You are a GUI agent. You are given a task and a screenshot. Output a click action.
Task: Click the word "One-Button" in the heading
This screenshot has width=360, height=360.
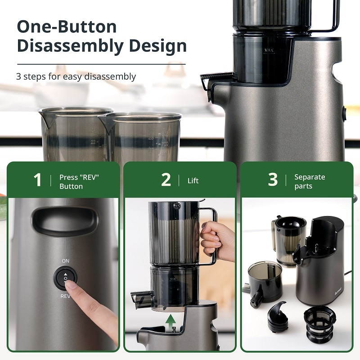67,27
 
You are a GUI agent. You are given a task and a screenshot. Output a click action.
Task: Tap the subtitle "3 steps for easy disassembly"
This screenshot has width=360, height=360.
76,76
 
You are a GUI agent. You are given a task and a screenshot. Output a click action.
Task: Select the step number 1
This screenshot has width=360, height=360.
38,180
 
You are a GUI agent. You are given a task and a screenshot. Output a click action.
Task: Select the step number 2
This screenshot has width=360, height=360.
166,180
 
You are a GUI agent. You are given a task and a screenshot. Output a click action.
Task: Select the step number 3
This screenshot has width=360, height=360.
273,180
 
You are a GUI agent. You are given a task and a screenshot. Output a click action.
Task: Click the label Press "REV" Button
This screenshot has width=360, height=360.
79,181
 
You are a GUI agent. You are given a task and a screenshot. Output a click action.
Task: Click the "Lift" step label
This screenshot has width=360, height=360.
193,181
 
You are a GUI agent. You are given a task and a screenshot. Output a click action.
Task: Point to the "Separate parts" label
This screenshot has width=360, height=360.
309,181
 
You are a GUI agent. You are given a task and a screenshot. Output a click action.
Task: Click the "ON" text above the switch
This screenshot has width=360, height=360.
66,261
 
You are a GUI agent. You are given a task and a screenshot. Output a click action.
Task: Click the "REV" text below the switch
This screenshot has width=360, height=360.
66,296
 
